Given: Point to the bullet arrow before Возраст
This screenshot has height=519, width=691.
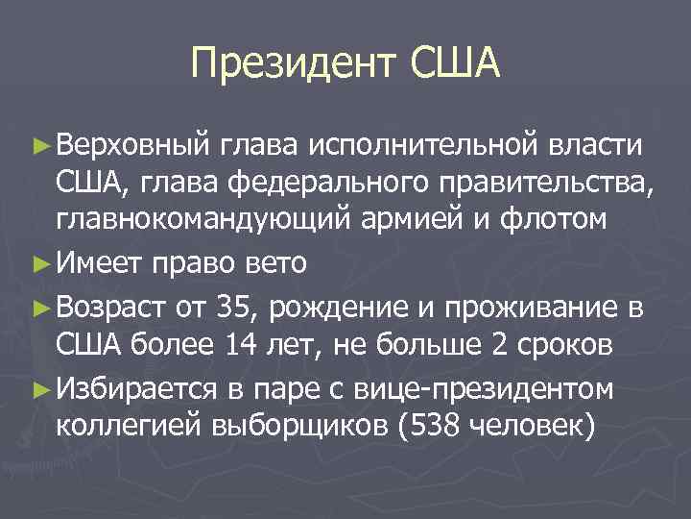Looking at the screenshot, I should click(38, 308).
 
